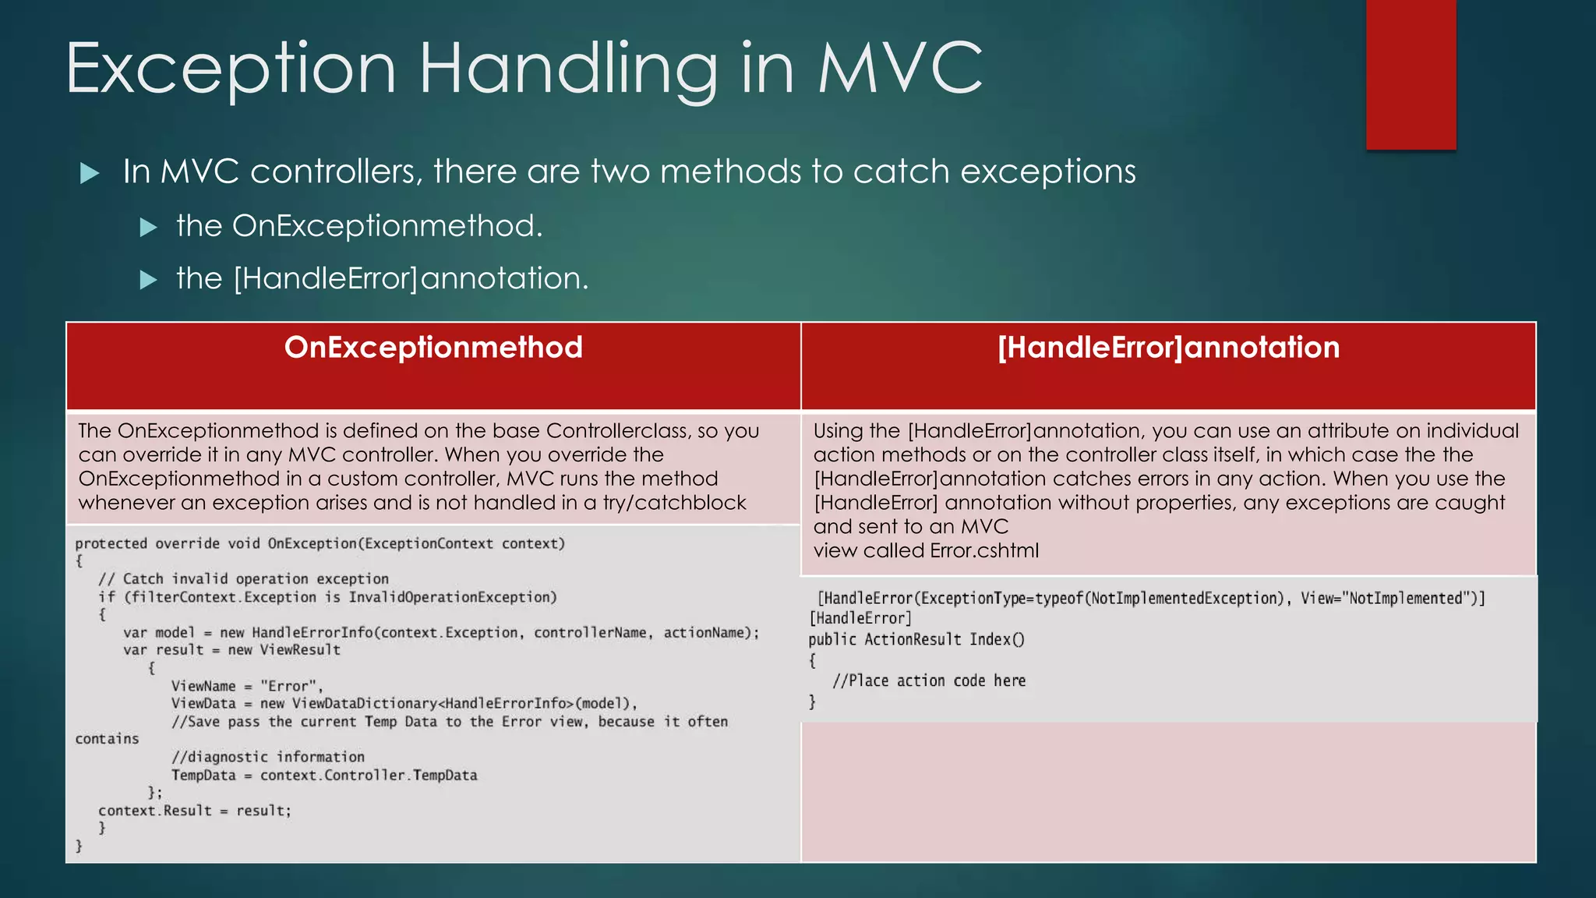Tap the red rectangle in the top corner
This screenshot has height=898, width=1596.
click(x=1411, y=74)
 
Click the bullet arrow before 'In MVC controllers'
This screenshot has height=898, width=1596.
click(x=90, y=173)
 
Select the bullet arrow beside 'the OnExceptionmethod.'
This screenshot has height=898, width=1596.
click(x=148, y=228)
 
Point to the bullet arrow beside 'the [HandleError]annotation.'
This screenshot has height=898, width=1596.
click(x=148, y=280)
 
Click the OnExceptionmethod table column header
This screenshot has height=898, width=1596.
click(x=433, y=348)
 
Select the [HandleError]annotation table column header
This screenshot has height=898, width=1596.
click(x=1168, y=348)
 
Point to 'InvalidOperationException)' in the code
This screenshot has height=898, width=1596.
click(x=453, y=597)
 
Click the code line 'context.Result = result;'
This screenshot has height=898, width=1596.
click(x=195, y=811)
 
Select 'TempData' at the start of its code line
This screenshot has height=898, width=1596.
click(x=203, y=775)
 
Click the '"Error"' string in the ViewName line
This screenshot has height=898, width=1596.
click(x=291, y=686)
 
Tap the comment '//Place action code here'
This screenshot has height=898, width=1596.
click(x=929, y=681)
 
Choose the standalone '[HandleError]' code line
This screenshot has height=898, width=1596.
click(x=860, y=618)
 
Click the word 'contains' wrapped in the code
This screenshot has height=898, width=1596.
click(x=107, y=739)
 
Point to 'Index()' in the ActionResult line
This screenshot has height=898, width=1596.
click(x=997, y=639)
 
